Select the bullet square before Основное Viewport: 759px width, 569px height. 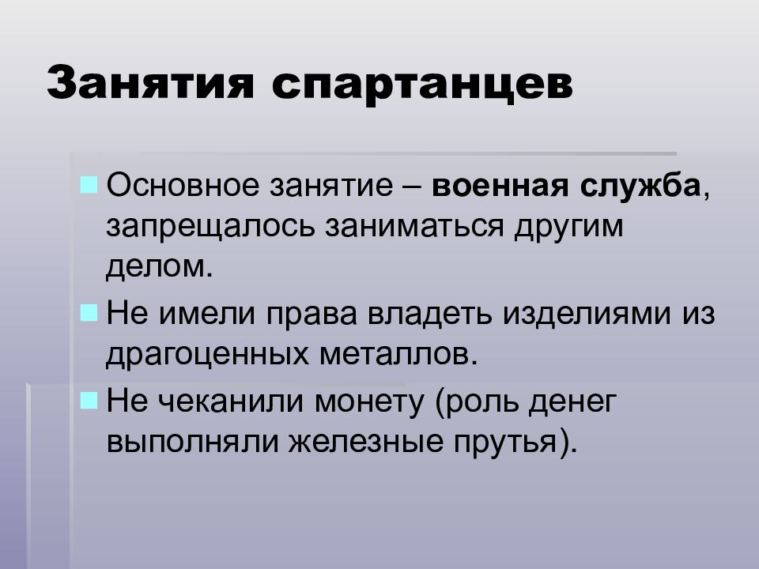89,185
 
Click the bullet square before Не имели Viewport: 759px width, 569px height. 89,313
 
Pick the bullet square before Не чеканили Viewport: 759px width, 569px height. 89,401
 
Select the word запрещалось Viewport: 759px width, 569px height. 210,228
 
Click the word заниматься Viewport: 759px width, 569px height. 414,227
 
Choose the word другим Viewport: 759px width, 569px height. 568,228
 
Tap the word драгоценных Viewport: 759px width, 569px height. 207,356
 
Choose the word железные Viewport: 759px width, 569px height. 366,441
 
